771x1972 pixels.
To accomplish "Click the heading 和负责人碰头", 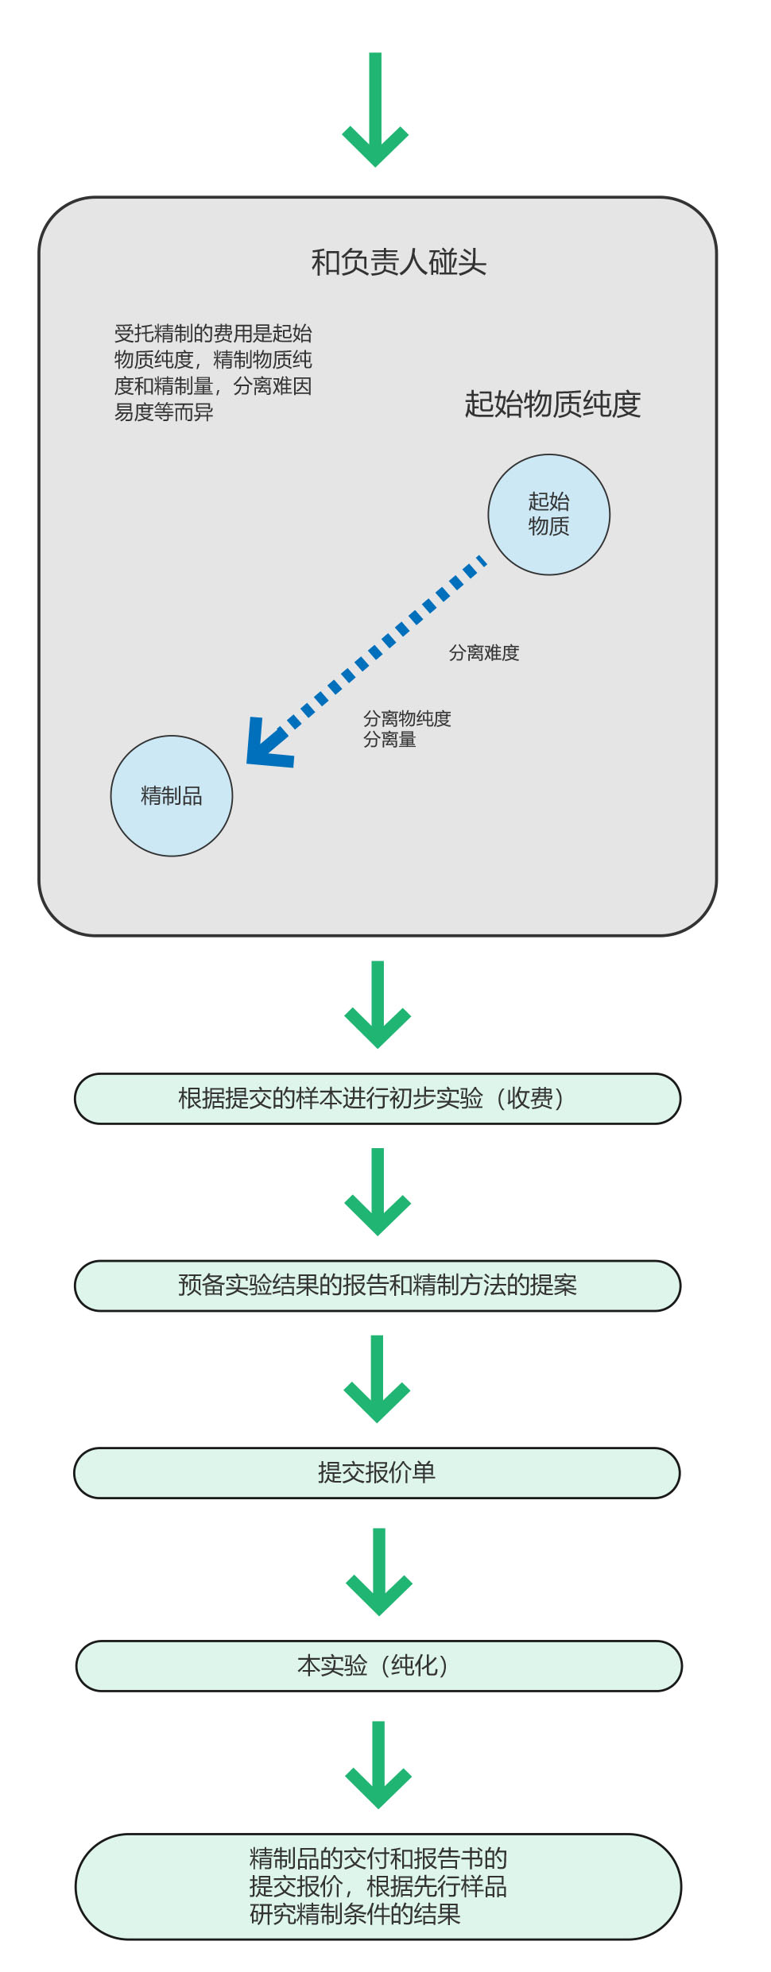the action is point(398,262).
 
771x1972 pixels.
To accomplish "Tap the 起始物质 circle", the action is point(548,514).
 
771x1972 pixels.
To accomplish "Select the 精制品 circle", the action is point(172,795).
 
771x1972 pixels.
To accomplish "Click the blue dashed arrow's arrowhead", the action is point(266,745).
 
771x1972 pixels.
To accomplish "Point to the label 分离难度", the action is point(484,653).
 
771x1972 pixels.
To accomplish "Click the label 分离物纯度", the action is point(407,718).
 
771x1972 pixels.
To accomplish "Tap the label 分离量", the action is point(389,740).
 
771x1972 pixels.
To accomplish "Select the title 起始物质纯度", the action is point(552,404).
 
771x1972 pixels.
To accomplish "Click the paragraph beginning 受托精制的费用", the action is point(213,373).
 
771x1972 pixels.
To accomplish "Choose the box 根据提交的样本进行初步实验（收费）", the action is point(378,1099).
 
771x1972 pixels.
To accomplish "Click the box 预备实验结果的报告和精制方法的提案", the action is point(378,1286).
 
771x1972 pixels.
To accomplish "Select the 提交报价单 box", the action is point(377,1472).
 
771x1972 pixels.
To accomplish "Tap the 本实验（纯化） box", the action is point(379,1665).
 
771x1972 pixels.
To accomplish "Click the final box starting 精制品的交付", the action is point(378,1886).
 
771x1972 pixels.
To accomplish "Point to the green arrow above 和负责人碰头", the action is point(375,110).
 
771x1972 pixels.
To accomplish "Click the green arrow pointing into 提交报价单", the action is point(377,1378).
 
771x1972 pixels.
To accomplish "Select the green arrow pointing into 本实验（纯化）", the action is point(379,1572).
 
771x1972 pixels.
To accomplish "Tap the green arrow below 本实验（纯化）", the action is point(378,1765).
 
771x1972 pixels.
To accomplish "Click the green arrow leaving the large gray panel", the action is point(378,1004).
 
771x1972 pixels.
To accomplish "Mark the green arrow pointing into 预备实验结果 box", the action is point(378,1192).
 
